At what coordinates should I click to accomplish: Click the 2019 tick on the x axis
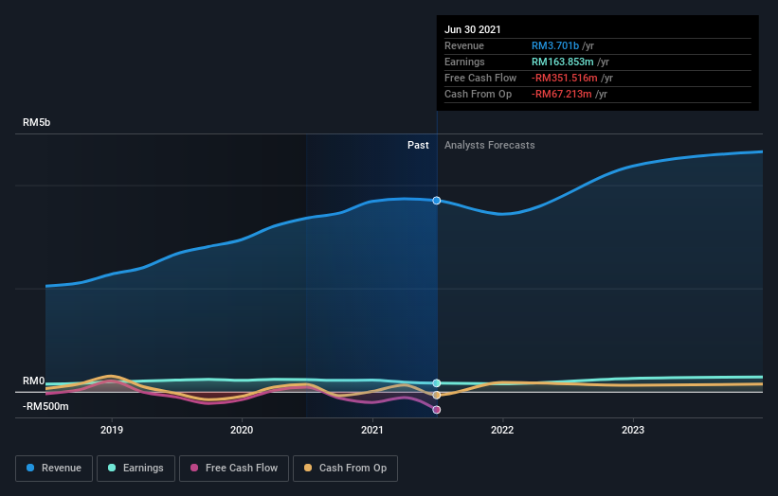click(x=112, y=430)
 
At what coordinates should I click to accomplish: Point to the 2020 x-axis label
click(x=242, y=430)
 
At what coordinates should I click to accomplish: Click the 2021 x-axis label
click(x=372, y=430)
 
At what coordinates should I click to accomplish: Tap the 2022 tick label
click(x=502, y=430)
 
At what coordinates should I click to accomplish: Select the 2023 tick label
click(x=632, y=430)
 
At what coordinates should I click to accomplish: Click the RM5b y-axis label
click(x=37, y=123)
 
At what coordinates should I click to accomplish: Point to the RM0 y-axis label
click(x=34, y=381)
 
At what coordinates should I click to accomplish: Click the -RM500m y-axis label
click(x=45, y=407)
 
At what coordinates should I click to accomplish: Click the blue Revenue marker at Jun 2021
click(x=437, y=201)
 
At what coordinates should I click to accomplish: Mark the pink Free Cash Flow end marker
click(x=437, y=410)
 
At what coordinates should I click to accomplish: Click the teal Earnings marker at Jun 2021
click(x=437, y=383)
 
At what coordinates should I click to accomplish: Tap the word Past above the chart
click(x=418, y=146)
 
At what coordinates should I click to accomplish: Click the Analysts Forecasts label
click(x=489, y=146)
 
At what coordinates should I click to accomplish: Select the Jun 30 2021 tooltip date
click(x=473, y=29)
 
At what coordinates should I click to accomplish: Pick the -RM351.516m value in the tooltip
click(x=566, y=78)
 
